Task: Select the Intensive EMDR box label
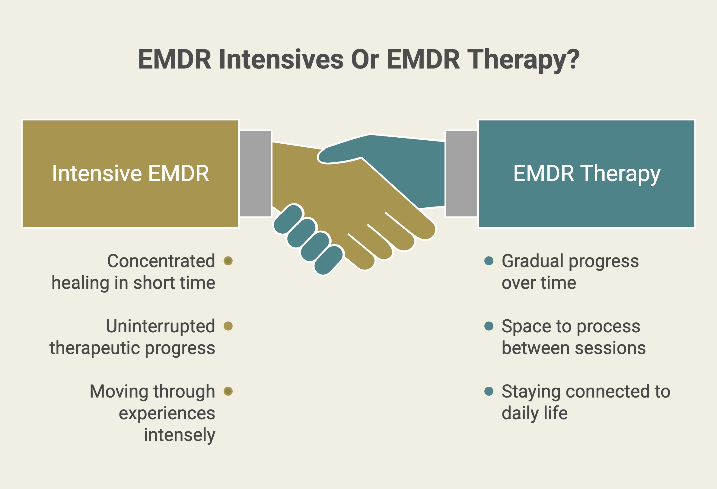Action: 130,173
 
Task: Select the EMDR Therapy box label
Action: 587,174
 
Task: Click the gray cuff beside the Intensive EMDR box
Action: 255,174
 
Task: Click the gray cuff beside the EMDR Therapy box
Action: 461,174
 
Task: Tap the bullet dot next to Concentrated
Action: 228,261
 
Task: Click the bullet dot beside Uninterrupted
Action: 228,326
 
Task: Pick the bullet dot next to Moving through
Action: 228,391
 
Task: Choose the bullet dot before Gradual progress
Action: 489,261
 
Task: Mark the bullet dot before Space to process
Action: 489,326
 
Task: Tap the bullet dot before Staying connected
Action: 489,391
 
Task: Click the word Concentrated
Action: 161,261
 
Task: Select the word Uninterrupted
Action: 161,326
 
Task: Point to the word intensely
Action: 180,435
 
